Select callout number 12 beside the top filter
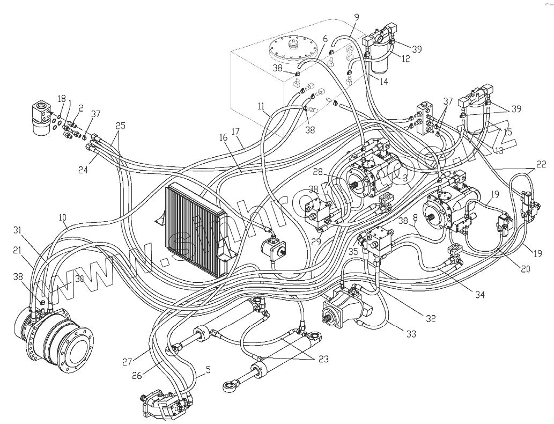pyautogui.click(x=405, y=59)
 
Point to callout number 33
pyautogui.click(x=411, y=334)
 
